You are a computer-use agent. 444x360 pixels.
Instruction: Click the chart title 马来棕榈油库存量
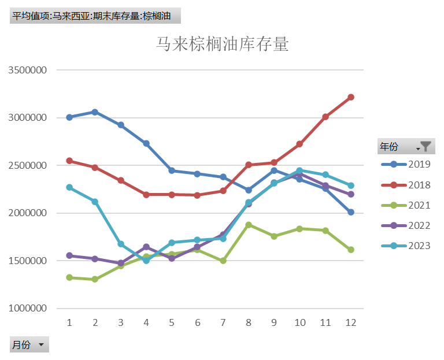point(223,44)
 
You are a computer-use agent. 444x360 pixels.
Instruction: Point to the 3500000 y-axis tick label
point(28,70)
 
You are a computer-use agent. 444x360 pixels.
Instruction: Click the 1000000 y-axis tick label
point(28,309)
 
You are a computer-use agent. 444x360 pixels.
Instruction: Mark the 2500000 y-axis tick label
point(28,165)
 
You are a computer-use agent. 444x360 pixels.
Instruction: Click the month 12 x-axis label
point(350,322)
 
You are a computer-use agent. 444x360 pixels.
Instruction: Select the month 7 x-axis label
point(223,322)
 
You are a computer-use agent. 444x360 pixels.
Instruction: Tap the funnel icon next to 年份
point(425,147)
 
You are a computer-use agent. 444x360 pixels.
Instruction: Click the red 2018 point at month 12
point(350,97)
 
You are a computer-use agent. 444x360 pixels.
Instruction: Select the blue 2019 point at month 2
point(95,112)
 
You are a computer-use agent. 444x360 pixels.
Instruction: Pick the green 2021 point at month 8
point(249,225)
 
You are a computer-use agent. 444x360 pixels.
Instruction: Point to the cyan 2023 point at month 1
point(69,187)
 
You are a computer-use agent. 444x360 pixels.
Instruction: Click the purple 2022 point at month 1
point(69,255)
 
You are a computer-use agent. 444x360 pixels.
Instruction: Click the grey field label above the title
point(95,16)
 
